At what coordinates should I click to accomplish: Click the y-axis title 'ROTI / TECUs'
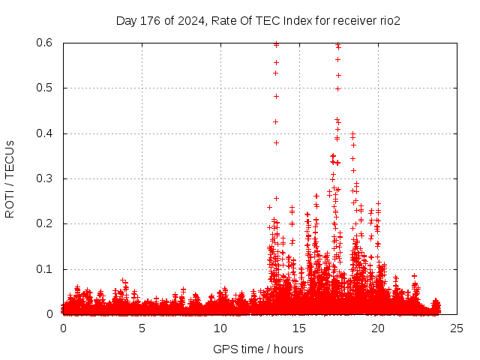pos(10,178)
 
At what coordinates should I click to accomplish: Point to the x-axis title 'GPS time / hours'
pos(258,349)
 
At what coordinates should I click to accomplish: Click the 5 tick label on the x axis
pos(142,328)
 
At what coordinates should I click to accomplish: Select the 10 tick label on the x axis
pos(220,328)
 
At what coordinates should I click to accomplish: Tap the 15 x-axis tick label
pos(299,328)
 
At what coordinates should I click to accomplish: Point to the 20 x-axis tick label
pos(378,328)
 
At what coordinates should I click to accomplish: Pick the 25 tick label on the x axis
pos(457,328)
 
